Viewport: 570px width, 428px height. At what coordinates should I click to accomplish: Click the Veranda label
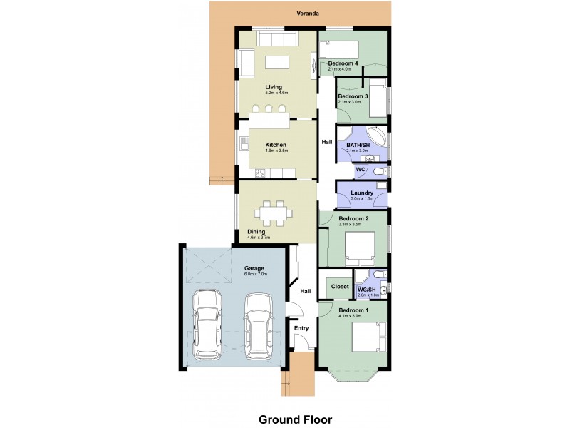tap(308, 14)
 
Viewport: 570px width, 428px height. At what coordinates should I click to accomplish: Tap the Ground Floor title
tap(295, 419)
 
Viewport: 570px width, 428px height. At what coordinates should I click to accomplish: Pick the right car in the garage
tap(259, 325)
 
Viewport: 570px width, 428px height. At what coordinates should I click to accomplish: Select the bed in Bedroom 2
tap(360, 247)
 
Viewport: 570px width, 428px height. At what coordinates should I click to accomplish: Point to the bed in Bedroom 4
tap(341, 50)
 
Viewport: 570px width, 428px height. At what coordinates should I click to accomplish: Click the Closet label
tap(341, 287)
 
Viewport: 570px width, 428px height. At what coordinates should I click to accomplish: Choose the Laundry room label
tap(361, 193)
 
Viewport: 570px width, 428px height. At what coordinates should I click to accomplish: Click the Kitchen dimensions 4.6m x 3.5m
tap(275, 151)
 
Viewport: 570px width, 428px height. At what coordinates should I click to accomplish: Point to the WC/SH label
tap(367, 289)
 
